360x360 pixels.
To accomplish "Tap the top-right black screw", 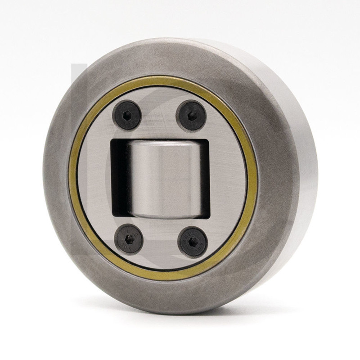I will (191, 116).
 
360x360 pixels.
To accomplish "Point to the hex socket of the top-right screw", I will (191, 116).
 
